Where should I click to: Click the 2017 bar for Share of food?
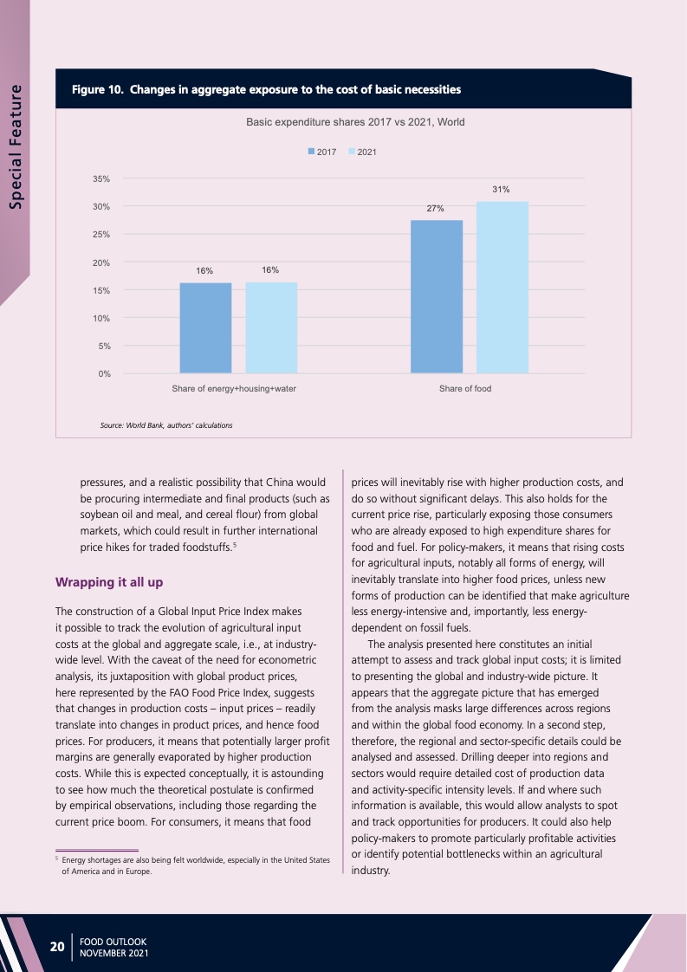(437, 296)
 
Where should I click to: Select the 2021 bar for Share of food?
(502, 287)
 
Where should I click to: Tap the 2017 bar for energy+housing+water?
(205, 327)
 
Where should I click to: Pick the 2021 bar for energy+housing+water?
(271, 327)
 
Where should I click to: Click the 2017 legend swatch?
(312, 152)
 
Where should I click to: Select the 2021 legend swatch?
(352, 152)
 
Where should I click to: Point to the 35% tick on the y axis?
(101, 178)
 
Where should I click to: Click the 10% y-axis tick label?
(101, 318)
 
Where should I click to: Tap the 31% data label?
(501, 188)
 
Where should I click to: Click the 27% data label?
(435, 208)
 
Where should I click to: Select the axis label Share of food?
(465, 389)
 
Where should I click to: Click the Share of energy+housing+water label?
(234, 389)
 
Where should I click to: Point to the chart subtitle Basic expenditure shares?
(355, 122)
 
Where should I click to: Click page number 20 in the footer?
(57, 946)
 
